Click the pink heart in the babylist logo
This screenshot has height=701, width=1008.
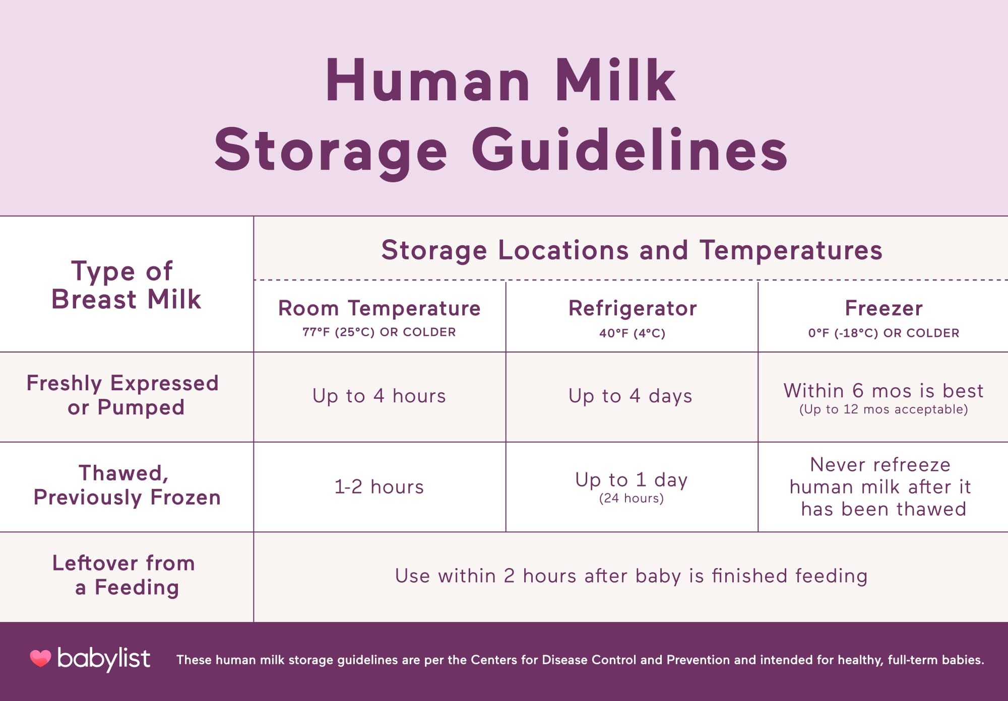point(40,658)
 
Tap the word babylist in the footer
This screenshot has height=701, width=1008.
point(104,659)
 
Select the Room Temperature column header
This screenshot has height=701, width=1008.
point(380,308)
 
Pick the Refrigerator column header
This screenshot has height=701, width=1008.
point(633,308)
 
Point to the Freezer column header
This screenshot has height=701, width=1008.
point(884,308)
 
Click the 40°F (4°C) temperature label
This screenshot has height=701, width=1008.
point(632,333)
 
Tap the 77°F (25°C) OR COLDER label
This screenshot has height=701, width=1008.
point(379,332)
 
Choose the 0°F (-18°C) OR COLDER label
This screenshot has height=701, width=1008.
point(884,333)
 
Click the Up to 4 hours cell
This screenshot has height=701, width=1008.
point(379,396)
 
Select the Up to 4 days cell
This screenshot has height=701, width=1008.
point(631,396)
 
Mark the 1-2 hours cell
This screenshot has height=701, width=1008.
point(379,487)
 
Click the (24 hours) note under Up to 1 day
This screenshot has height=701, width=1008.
point(631,499)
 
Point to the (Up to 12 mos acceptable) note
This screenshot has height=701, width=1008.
point(884,409)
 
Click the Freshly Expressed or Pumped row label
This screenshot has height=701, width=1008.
point(123,395)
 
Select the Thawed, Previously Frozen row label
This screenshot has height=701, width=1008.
point(127,485)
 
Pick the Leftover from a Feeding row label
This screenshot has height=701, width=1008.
point(124,575)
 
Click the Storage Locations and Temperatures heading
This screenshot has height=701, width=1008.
point(632,250)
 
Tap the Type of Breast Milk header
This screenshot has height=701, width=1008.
point(126,285)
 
